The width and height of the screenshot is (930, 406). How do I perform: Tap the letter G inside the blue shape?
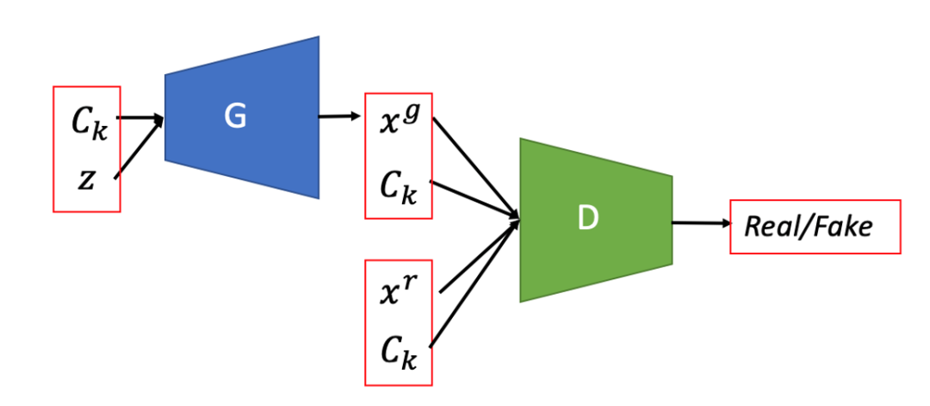click(235, 117)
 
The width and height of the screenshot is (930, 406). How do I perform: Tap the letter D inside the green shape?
click(587, 219)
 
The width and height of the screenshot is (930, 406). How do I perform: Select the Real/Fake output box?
click(815, 227)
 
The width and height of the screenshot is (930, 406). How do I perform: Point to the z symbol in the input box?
click(85, 180)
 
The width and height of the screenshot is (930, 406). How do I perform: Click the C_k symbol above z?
click(89, 124)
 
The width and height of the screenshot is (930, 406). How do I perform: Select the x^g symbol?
click(397, 121)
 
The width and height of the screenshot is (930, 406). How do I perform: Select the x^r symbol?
click(397, 291)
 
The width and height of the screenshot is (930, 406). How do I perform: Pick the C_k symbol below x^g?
click(397, 186)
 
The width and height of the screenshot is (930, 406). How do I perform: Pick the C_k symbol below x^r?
click(397, 353)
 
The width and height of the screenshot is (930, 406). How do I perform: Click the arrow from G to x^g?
click(340, 116)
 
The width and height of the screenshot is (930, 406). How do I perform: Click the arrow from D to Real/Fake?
click(699, 223)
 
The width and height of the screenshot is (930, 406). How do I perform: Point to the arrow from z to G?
click(138, 148)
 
